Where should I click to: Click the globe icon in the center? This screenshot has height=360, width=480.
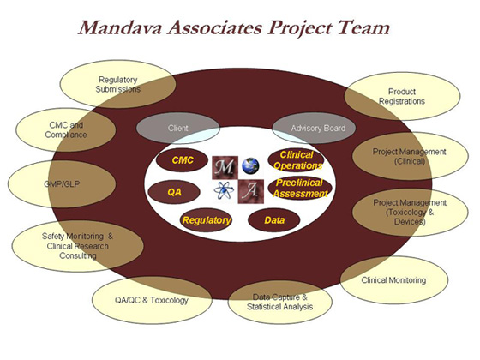(x=250, y=165)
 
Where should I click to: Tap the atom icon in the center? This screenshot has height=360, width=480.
(x=224, y=190)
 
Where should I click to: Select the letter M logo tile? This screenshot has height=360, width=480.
(x=225, y=167)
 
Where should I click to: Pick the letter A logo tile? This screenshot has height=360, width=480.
(x=250, y=192)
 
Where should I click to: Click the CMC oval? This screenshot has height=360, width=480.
(x=182, y=160)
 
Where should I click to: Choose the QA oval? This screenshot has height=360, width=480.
(x=174, y=192)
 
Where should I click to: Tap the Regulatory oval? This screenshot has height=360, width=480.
(x=206, y=220)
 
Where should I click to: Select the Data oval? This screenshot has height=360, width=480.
(x=273, y=220)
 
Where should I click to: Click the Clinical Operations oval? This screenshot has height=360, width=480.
(x=297, y=160)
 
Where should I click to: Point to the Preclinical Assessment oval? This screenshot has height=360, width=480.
(x=300, y=189)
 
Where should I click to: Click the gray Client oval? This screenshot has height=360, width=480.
(x=178, y=128)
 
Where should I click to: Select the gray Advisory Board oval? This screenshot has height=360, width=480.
(x=314, y=128)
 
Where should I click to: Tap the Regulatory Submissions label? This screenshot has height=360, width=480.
(x=118, y=85)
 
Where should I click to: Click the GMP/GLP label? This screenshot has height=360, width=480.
(x=62, y=184)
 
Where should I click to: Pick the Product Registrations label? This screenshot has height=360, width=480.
(x=402, y=96)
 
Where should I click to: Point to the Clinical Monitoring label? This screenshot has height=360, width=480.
(x=393, y=280)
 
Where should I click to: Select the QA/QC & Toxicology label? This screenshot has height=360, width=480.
(x=152, y=300)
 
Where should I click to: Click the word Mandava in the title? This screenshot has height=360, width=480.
(x=121, y=27)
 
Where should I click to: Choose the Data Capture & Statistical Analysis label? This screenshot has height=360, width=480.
(x=279, y=302)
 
